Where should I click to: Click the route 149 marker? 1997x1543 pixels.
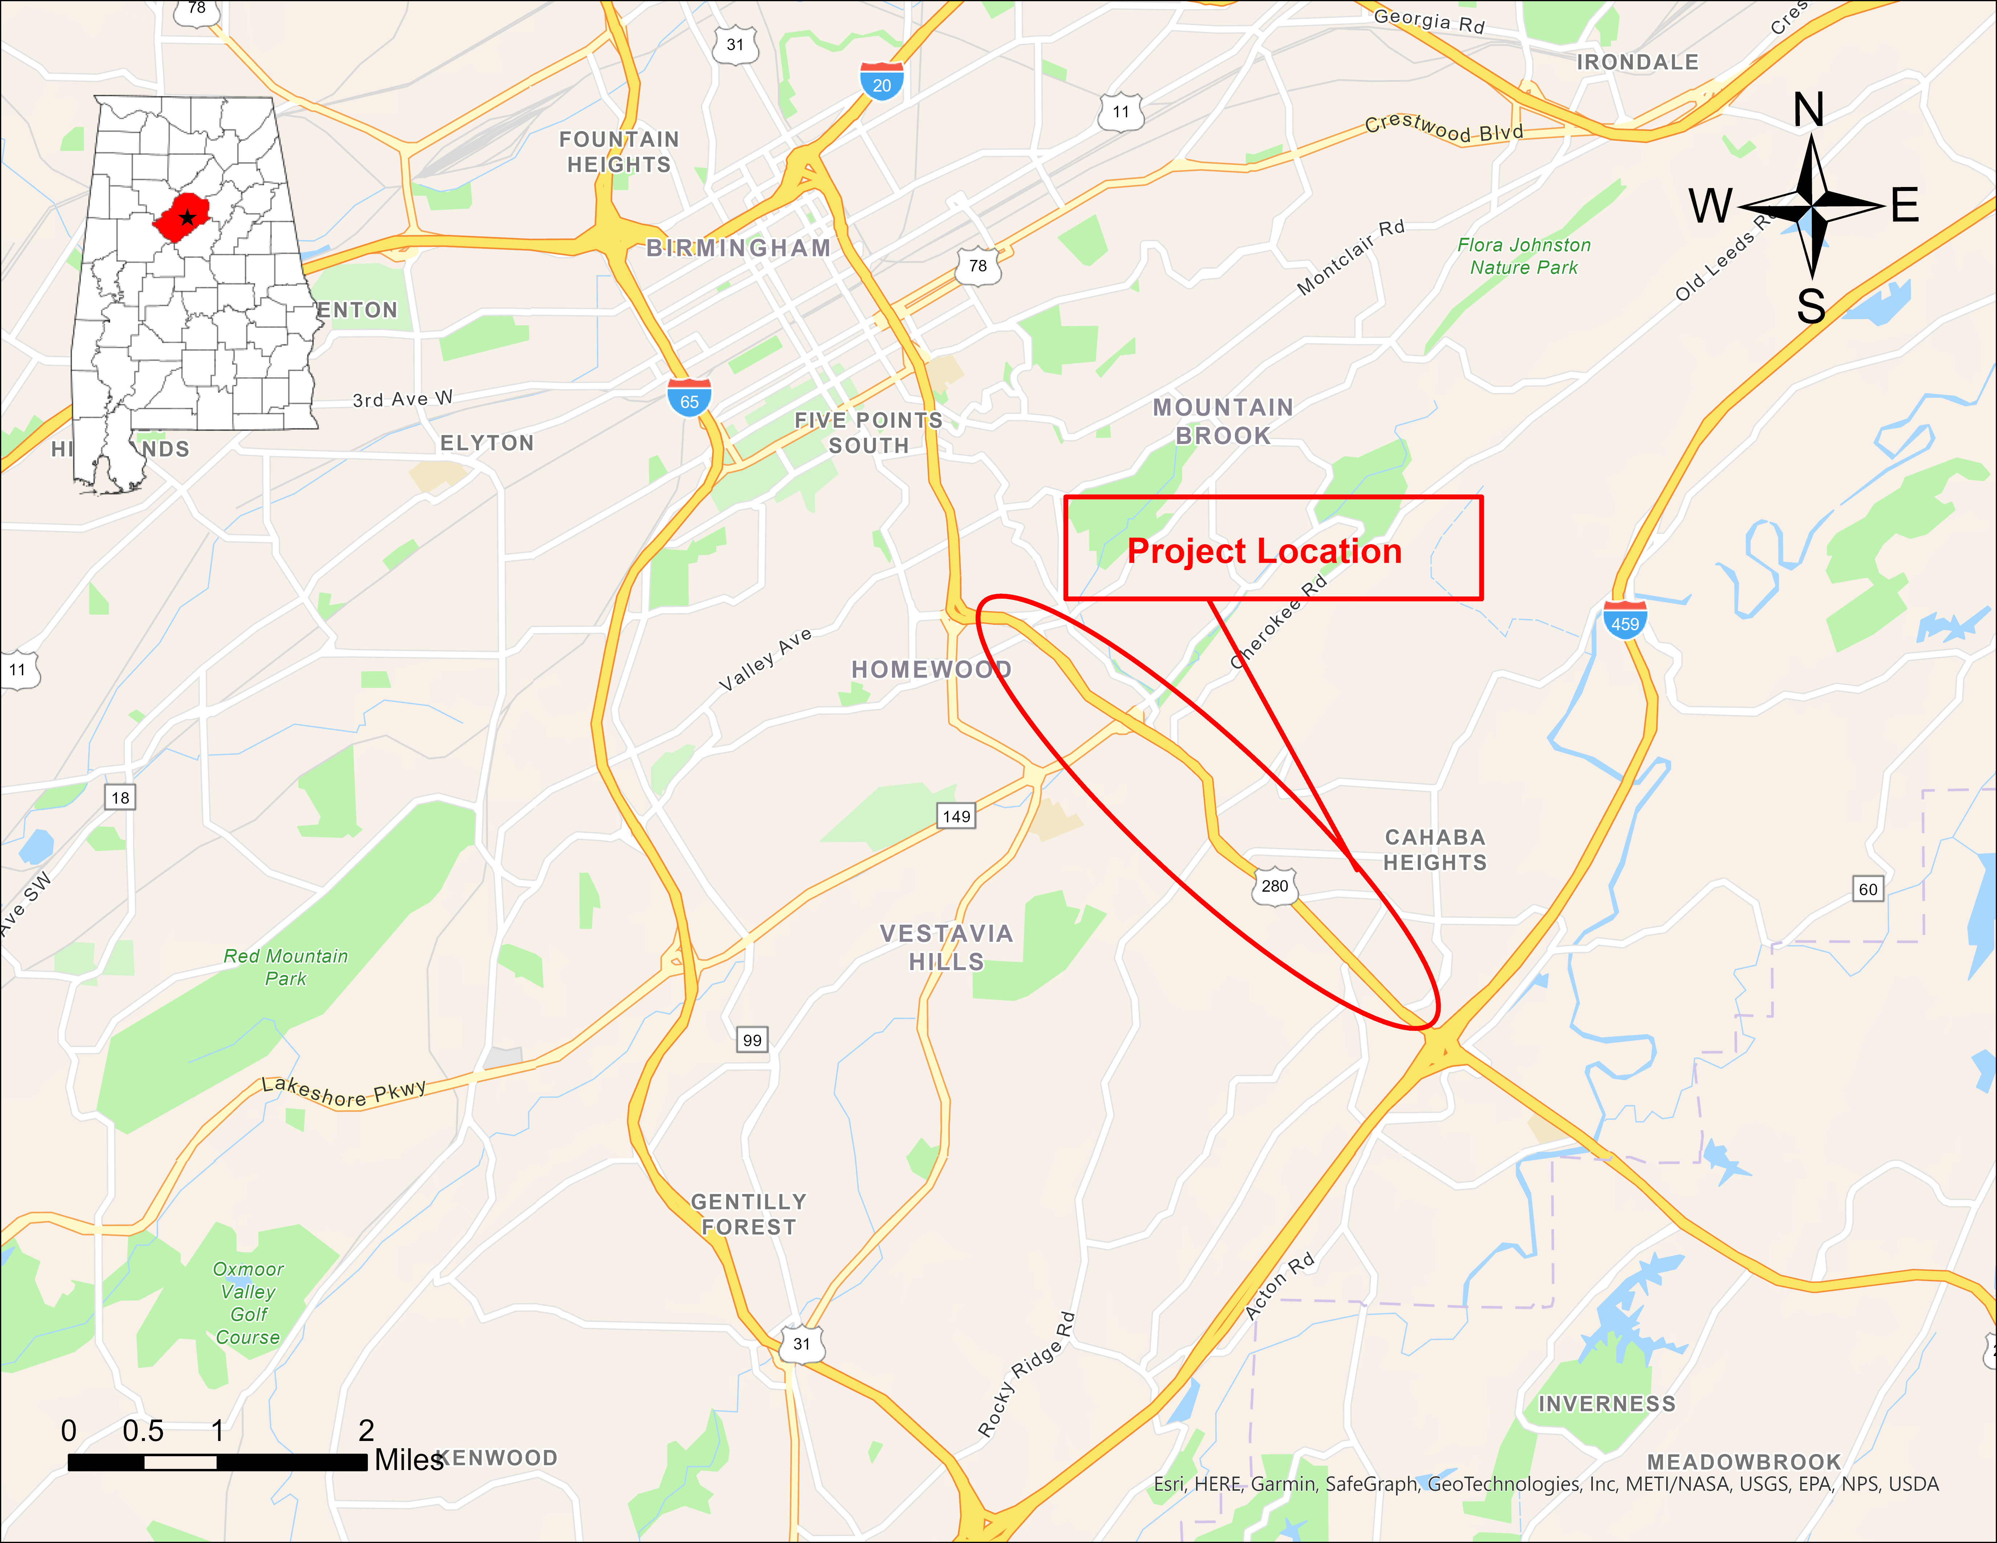(956, 815)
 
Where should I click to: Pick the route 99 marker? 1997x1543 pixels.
(752, 1039)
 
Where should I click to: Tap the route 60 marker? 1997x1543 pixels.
(1868, 888)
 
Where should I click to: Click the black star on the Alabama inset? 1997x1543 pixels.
(187, 217)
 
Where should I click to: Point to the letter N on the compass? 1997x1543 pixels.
(1809, 111)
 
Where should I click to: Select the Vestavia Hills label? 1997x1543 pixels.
(946, 947)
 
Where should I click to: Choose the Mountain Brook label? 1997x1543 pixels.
(1223, 422)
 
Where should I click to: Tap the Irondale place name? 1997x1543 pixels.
(1637, 62)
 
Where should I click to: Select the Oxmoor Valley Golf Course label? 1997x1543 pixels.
(248, 1303)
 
